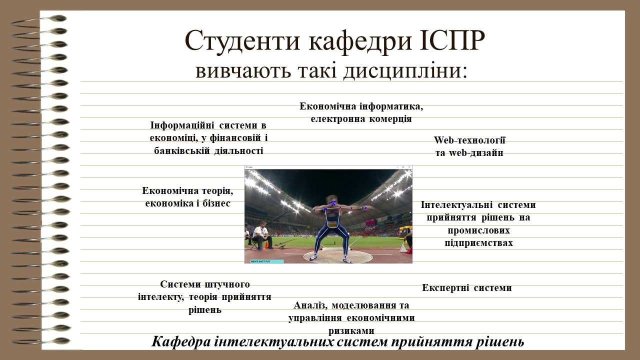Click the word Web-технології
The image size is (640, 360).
[x=469, y=140]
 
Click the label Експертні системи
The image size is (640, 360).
[x=467, y=287]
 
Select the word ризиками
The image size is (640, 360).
[x=351, y=331]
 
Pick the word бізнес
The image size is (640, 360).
[x=216, y=203]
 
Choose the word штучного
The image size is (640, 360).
[x=227, y=284]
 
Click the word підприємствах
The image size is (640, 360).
[x=478, y=243]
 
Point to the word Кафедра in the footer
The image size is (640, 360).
[x=181, y=341]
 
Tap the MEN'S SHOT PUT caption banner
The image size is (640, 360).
[x=267, y=261]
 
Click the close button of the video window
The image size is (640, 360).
[x=409, y=167]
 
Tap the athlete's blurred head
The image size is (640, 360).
[x=331, y=200]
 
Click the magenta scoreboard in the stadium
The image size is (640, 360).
[x=370, y=222]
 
